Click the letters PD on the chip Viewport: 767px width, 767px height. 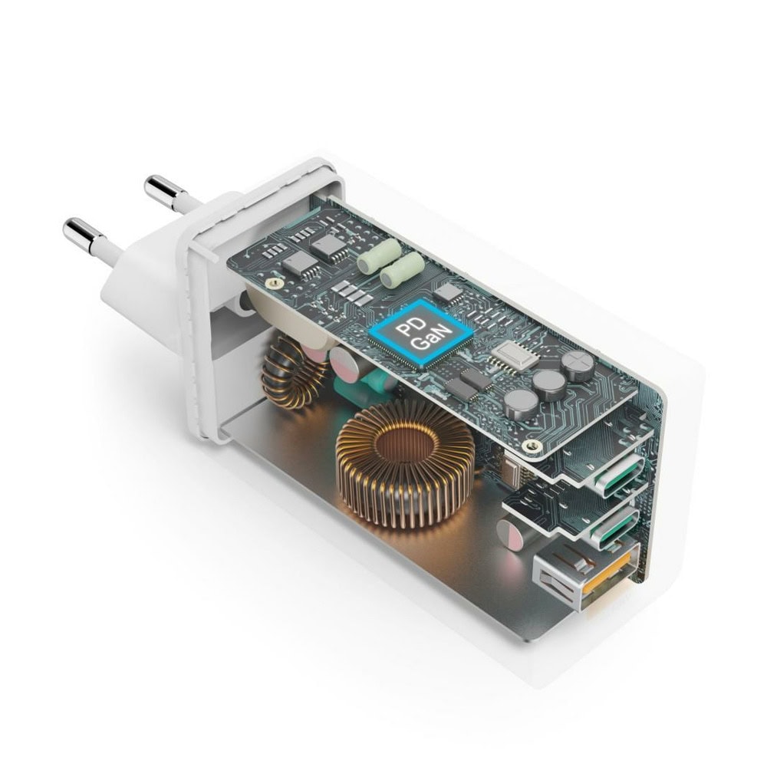(x=405, y=326)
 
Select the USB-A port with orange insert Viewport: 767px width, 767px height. (x=585, y=574)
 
